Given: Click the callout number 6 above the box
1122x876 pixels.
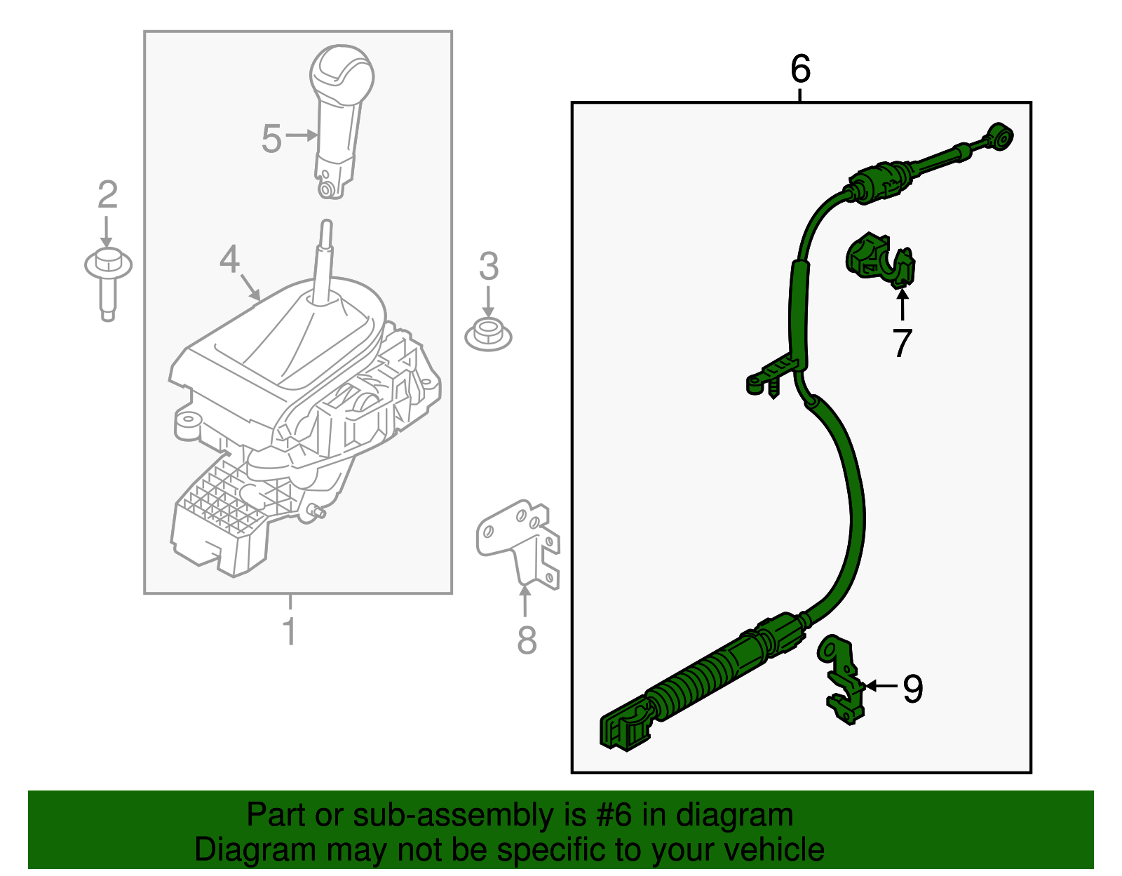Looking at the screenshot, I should point(800,69).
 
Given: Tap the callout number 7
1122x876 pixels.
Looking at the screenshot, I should point(903,343).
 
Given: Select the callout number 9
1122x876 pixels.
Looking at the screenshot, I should point(912,689).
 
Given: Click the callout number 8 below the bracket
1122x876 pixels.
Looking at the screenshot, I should point(527,640).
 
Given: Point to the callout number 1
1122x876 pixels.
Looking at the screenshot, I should point(290,631).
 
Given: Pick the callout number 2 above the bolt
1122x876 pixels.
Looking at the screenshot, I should point(107,194).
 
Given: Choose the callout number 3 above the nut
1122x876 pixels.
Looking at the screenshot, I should point(489,267).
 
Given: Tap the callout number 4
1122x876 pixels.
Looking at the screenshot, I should point(229,259).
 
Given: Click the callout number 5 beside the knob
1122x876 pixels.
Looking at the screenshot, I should point(271,138).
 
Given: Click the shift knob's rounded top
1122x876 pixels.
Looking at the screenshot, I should point(342,70).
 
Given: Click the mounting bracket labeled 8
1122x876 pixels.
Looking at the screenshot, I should point(519,540).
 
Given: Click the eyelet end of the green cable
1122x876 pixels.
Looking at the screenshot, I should point(999,135).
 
